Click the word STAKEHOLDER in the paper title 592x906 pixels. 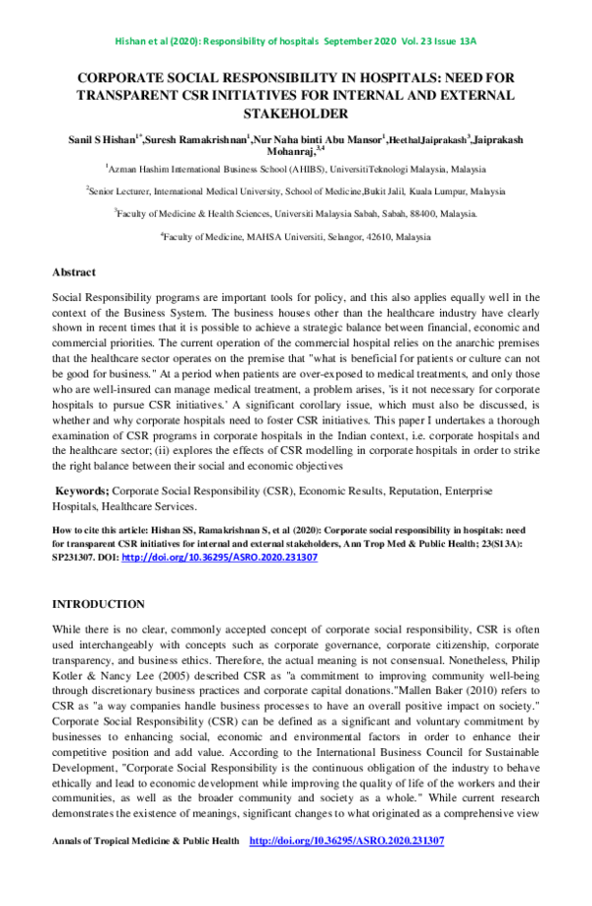[x=296, y=113]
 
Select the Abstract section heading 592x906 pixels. [x=74, y=271]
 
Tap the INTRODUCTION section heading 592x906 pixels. [x=98, y=604]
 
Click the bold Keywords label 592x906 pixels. [x=81, y=491]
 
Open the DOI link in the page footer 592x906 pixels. [x=346, y=841]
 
